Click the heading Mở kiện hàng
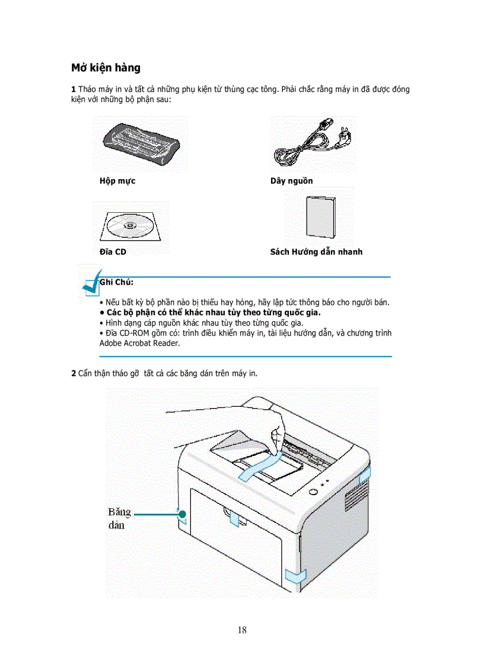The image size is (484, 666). pos(106,68)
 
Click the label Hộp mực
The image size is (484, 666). pos(117,181)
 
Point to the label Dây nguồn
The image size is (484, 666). pos(291,181)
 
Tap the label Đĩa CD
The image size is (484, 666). pos(113,252)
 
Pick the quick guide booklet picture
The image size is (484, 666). pos(319,216)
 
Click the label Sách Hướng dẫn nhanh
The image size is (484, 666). pos(316,252)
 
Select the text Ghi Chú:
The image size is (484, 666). pos(117,282)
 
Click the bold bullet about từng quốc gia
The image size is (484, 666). pos(214,312)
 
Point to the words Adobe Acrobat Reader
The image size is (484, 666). pos(139,343)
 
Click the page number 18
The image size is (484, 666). pos(242,630)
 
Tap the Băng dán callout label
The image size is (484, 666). pos(120,517)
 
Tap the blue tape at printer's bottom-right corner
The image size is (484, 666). pos(295,575)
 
